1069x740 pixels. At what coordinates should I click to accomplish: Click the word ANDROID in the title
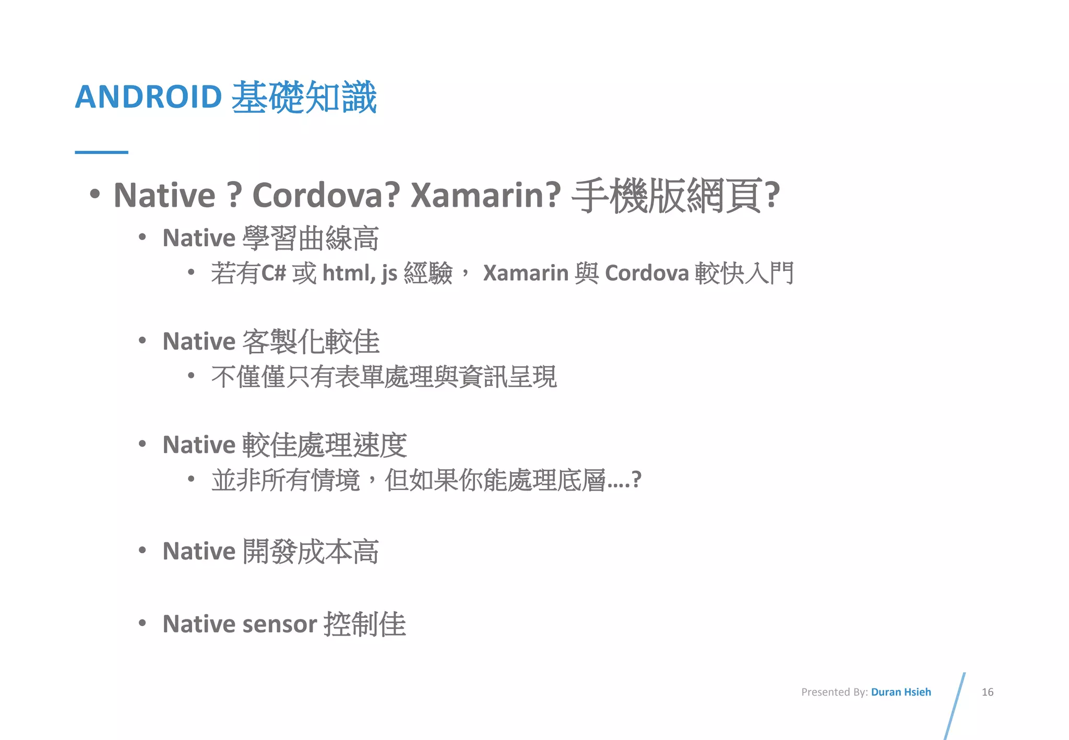149,97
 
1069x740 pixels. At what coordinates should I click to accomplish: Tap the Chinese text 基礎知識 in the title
304,97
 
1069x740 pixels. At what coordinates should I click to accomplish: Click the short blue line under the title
101,152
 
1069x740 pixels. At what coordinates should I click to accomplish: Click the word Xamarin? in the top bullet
485,195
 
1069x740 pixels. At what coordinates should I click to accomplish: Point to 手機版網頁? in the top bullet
675,195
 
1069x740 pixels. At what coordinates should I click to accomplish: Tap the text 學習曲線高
311,238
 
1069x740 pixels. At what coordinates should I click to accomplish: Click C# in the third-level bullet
274,273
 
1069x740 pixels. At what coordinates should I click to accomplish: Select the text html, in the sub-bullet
349,273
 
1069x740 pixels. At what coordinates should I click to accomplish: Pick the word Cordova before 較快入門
647,273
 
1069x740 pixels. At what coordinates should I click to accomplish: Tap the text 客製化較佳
311,342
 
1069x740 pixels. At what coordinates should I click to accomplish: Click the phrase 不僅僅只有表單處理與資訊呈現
384,377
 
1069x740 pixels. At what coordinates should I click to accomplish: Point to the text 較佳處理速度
324,445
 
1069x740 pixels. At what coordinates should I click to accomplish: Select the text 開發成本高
311,552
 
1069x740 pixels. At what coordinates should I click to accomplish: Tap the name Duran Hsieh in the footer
901,692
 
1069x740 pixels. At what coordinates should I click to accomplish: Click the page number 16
987,692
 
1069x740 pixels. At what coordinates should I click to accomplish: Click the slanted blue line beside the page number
955,706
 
